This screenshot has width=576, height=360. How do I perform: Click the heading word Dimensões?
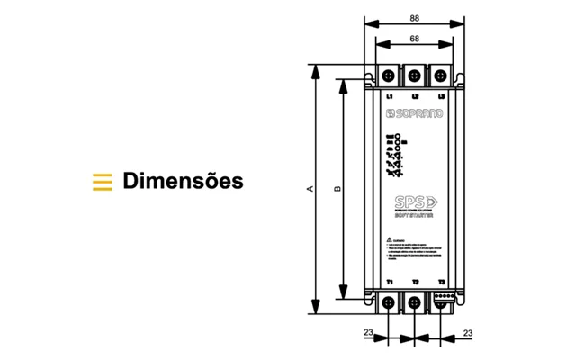[183, 181]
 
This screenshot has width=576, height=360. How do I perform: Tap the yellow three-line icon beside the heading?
[103, 181]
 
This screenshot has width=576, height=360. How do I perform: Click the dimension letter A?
[310, 189]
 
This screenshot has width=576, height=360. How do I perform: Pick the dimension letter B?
[337, 189]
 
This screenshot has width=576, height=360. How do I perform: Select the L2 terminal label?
[415, 95]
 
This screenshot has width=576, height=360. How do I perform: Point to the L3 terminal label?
[441, 95]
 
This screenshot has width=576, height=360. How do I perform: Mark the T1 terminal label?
[390, 283]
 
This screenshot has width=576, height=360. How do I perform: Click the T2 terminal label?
[415, 283]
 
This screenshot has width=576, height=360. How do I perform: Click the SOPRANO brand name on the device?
[415, 114]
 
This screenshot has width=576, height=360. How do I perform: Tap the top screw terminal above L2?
[415, 75]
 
